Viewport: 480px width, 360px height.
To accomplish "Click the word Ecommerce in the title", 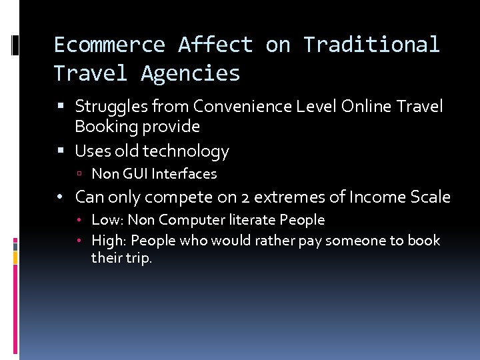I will point(109,45).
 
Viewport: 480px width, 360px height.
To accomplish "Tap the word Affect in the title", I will point(215,45).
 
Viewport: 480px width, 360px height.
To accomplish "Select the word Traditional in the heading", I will point(371,45).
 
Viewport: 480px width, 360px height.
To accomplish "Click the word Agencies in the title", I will point(190,73).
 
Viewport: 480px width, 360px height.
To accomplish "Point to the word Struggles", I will point(107,106).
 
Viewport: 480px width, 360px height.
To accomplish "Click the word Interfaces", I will point(184,174).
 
